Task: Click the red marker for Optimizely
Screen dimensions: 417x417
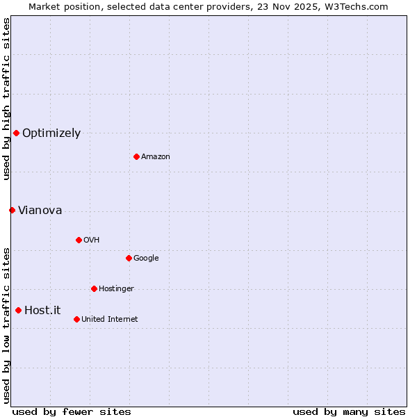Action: (16, 133)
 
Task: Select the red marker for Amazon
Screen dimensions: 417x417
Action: (136, 156)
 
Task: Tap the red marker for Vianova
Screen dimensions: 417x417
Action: (12, 210)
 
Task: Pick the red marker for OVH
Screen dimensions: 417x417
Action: (79, 240)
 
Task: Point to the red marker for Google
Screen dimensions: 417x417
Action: (129, 258)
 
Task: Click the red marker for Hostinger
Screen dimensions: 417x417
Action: (94, 288)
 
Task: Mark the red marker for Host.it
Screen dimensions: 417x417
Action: (18, 310)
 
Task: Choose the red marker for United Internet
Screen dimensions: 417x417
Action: (76, 319)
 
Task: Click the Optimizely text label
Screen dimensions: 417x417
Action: (51, 133)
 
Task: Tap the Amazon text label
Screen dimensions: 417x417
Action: (156, 157)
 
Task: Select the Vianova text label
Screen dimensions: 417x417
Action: (40, 211)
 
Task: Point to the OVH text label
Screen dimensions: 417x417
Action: (91, 240)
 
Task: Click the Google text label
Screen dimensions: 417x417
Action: (146, 259)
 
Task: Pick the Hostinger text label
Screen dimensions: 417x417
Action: (116, 289)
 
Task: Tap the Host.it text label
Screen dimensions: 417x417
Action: (42, 311)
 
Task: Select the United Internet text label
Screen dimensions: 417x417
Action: (109, 320)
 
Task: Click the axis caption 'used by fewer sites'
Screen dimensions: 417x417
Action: (72, 411)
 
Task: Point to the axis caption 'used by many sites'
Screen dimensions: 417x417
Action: (349, 411)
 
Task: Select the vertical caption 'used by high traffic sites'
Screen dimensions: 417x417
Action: (6, 99)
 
